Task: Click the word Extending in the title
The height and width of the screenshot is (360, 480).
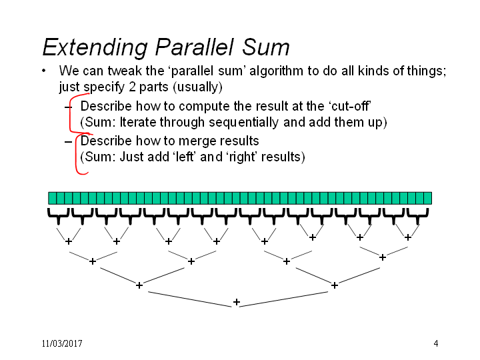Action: (95, 47)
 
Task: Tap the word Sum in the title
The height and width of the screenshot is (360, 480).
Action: (266, 47)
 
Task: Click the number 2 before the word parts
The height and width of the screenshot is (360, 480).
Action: (132, 87)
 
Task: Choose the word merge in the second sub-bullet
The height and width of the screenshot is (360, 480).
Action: (197, 141)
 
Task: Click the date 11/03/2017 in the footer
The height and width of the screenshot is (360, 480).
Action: (62, 343)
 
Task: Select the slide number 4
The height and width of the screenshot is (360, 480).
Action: (436, 343)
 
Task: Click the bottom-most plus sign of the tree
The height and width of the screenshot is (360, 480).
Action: (236, 302)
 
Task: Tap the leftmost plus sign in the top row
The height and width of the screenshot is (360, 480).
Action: (69, 241)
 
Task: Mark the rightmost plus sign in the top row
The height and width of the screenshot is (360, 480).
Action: (408, 237)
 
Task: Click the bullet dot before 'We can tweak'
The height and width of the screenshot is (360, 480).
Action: (44, 71)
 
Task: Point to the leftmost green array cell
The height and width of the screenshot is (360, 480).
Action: (53, 198)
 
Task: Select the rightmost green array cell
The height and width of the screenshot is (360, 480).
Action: (428, 198)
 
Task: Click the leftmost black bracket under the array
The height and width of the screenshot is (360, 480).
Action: (58, 217)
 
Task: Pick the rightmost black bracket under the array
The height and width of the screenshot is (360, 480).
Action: (417, 217)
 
